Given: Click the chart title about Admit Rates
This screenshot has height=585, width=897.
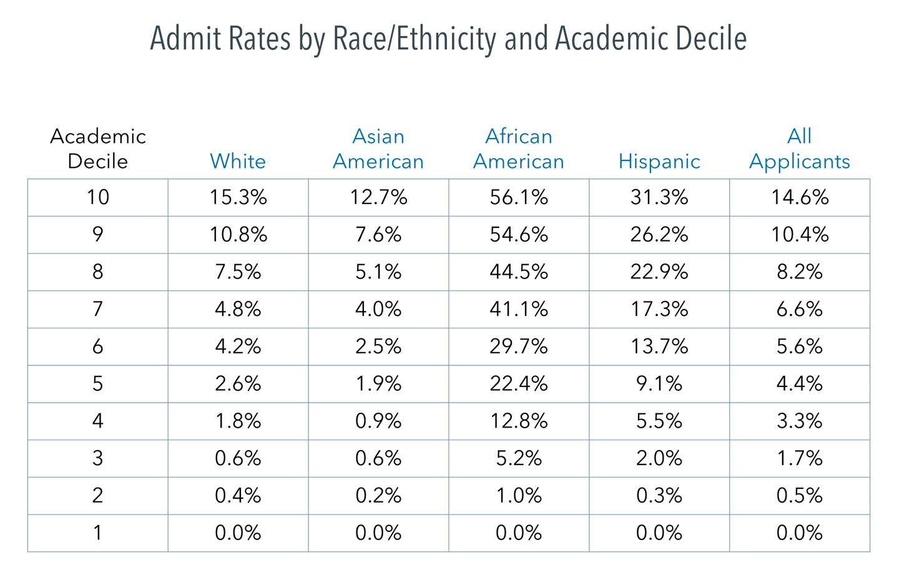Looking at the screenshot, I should point(448,39).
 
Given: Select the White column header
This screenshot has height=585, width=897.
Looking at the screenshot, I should point(238,161).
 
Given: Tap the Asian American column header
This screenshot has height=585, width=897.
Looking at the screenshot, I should point(378,149).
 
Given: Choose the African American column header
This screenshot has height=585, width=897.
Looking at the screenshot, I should point(519,149).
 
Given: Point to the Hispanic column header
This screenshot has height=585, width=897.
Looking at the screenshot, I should point(659,161).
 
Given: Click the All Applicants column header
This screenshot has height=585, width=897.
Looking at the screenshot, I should point(800,149).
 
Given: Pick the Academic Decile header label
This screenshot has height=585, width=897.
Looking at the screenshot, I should point(98,149).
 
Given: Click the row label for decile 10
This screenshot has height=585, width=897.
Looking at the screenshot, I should point(98,197).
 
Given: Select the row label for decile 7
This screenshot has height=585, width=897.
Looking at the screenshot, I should point(98,309).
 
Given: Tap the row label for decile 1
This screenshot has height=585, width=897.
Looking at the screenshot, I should point(98,533).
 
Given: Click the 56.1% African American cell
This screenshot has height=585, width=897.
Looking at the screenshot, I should point(519,197).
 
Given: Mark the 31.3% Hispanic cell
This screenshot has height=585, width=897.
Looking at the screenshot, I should point(659,197).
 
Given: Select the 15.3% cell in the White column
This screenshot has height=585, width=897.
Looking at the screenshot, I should point(238,197).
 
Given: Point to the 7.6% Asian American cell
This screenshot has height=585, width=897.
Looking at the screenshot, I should point(378,235).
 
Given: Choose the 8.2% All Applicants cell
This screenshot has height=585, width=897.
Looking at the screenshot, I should point(800,272).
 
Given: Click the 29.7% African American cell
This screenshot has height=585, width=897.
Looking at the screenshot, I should point(519,347).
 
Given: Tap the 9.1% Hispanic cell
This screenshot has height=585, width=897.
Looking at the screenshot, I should point(659,383).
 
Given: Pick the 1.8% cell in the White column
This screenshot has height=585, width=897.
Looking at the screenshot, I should point(238,421).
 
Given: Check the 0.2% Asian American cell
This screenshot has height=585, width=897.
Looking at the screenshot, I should point(378,495).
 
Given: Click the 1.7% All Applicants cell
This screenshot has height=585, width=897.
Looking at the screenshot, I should point(800,458).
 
